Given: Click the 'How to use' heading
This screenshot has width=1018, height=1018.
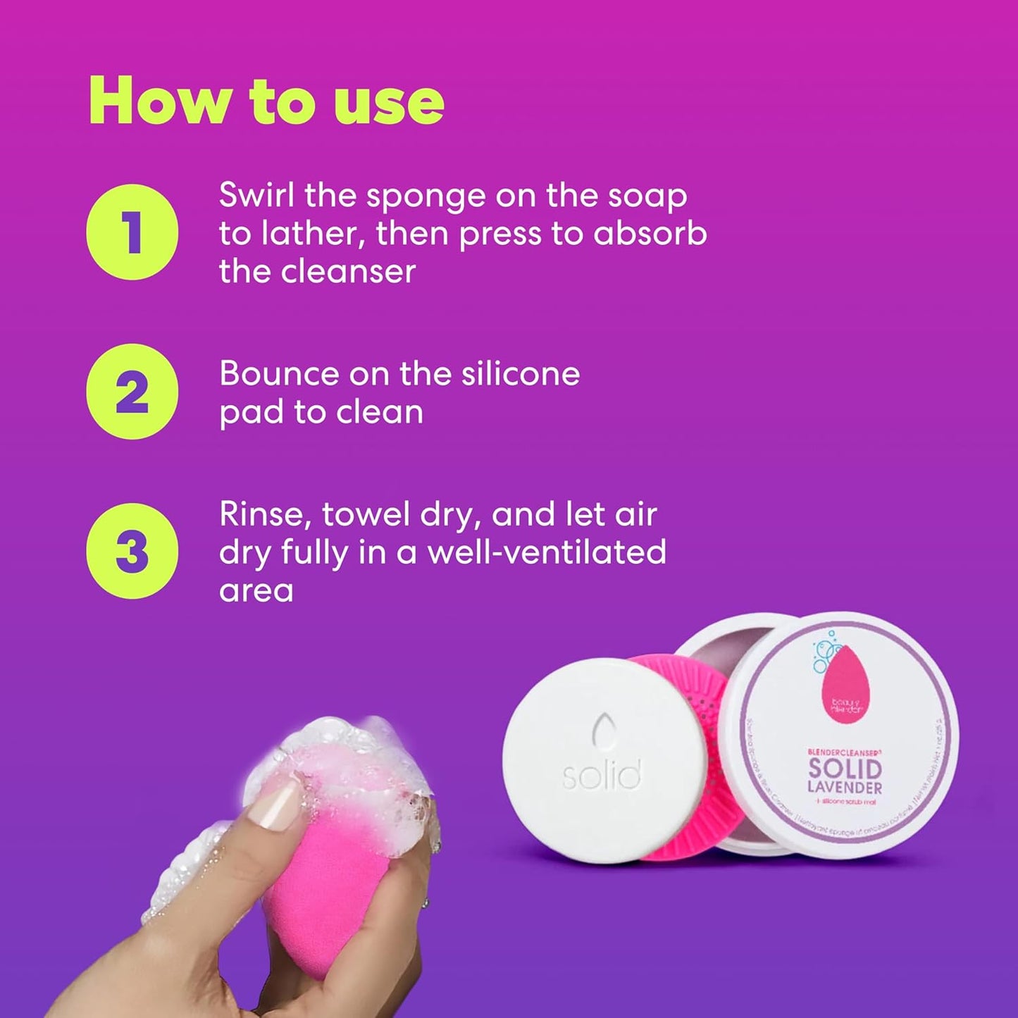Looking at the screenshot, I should pos(266,101).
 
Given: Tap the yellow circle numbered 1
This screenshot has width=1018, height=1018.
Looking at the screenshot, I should pos(132,232).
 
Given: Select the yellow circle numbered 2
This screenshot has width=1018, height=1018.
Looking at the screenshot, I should pos(132,392).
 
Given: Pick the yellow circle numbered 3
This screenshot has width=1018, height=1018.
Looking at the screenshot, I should pos(132,551).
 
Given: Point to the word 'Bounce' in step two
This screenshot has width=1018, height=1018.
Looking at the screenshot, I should pos(278,373).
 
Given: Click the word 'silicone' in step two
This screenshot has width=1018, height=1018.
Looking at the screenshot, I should pos(520,373).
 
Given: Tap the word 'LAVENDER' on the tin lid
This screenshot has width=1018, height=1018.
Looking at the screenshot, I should pos(845,787).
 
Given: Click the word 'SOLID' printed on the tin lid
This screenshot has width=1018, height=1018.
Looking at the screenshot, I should pos(845,769).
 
